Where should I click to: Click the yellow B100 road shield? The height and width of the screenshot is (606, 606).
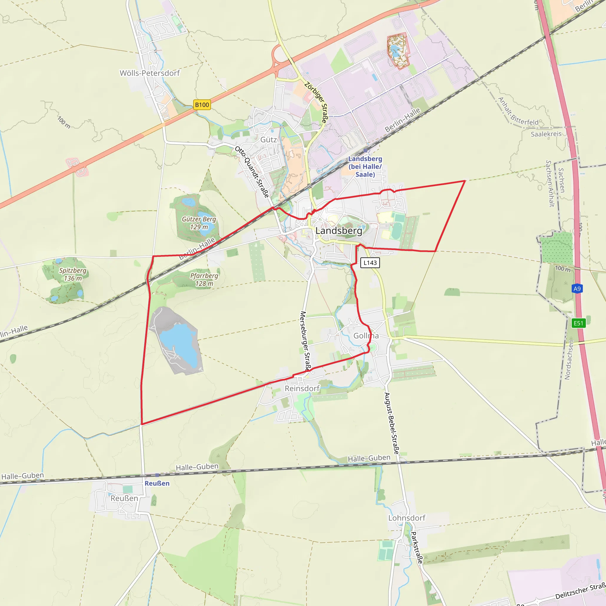tap(202, 105)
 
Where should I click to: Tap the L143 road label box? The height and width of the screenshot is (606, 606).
tap(370, 262)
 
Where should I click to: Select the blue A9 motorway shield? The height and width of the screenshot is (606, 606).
tap(577, 289)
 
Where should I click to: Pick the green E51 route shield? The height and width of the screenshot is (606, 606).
tap(578, 323)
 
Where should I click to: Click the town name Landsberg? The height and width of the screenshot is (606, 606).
tap(339, 231)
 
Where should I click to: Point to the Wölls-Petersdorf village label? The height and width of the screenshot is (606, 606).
tap(150, 73)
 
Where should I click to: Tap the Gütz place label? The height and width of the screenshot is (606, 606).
tap(268, 140)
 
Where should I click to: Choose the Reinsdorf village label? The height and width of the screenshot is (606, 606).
tap(302, 388)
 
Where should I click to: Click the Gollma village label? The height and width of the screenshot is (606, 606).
tap(366, 336)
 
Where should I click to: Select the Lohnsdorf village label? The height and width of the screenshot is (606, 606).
tap(407, 518)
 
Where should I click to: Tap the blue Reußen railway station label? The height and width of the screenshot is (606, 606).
tap(157, 483)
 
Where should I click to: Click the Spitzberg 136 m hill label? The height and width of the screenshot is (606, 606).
tap(73, 274)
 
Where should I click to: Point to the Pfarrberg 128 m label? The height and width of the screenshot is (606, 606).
tap(204, 279)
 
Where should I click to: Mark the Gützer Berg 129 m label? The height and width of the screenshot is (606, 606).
tap(199, 223)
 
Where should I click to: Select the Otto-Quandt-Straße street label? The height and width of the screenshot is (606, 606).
tap(252, 172)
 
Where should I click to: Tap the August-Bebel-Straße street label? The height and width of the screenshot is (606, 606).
tap(392, 423)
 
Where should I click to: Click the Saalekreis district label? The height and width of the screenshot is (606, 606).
tap(546, 134)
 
